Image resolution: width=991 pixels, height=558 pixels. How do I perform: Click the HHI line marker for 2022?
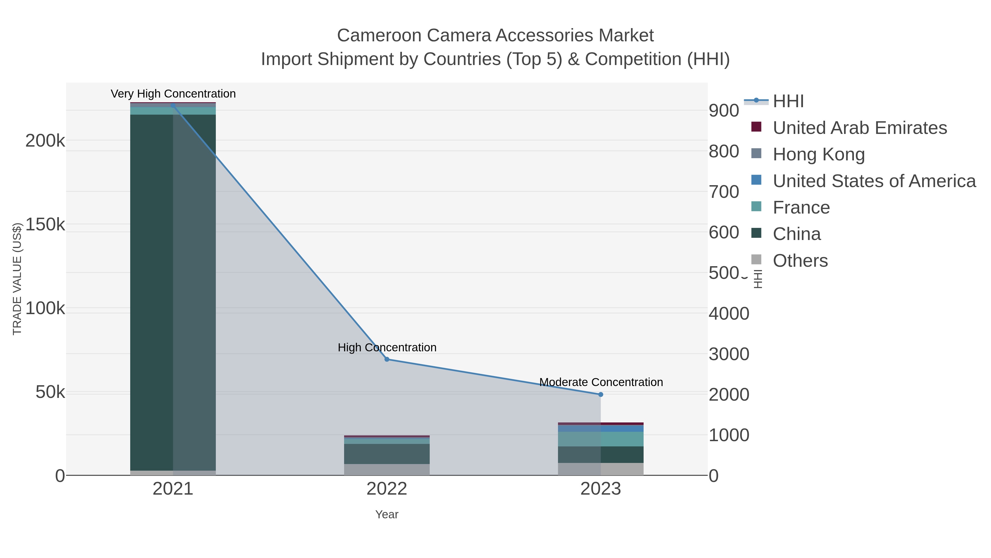tap(387, 359)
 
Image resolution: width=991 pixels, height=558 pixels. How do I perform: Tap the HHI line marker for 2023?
tap(601, 394)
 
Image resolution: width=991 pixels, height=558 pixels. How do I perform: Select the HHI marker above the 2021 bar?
tap(173, 105)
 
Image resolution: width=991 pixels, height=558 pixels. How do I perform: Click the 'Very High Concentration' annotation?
tap(173, 94)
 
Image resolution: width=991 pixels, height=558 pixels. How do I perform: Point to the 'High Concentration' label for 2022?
tap(387, 347)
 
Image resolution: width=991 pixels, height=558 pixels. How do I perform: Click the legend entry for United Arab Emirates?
tap(859, 128)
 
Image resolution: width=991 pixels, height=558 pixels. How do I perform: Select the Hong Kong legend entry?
tap(818, 154)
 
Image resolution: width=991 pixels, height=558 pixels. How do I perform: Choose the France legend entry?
tap(801, 207)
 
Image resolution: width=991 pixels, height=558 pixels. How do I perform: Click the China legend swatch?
tap(756, 233)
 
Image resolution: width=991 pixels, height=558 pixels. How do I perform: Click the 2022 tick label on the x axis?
tap(387, 489)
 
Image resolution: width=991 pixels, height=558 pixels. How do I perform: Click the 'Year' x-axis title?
tap(387, 514)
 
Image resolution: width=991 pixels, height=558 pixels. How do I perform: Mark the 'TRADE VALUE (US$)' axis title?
tap(17, 279)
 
